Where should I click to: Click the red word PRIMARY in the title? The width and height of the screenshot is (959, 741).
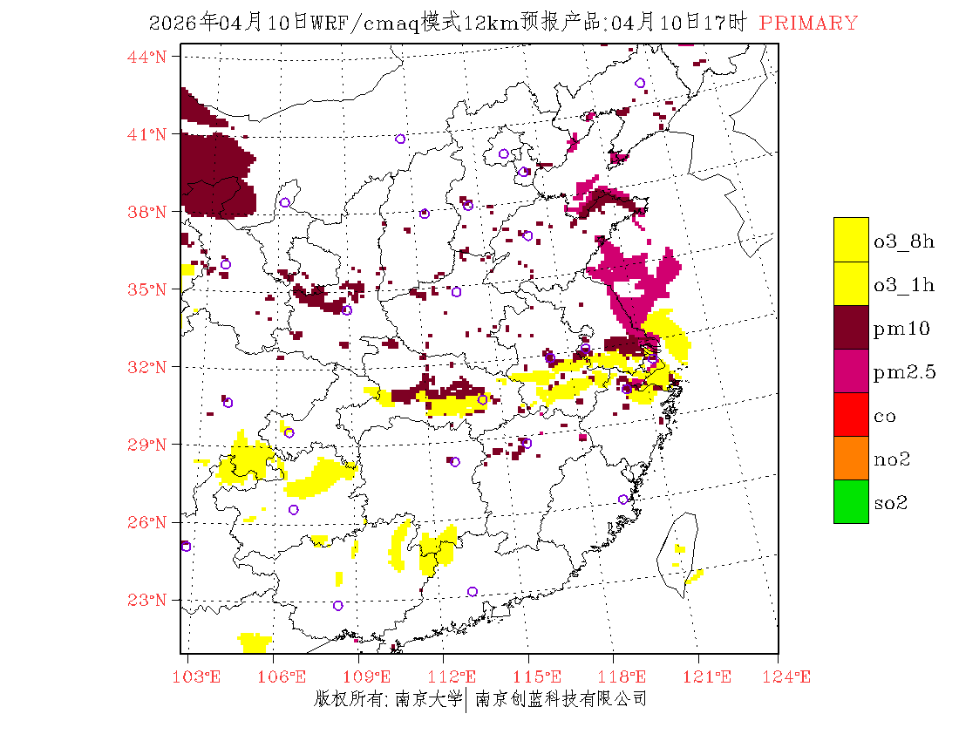point(808,24)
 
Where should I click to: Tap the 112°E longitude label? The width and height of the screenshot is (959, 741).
point(457,676)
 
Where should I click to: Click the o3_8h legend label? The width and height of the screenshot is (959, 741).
point(903,241)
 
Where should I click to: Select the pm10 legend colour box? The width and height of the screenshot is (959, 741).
point(851,328)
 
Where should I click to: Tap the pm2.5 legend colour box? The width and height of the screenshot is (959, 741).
point(851,371)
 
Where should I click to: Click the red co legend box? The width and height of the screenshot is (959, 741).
point(851,415)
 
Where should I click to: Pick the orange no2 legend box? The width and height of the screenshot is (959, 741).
point(851,459)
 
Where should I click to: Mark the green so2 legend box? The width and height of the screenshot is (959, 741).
point(851,502)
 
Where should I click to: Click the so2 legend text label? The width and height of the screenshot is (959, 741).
point(891,503)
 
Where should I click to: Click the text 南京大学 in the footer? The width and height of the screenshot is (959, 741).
point(427,699)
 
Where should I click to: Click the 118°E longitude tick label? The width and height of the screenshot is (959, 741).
point(627,676)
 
